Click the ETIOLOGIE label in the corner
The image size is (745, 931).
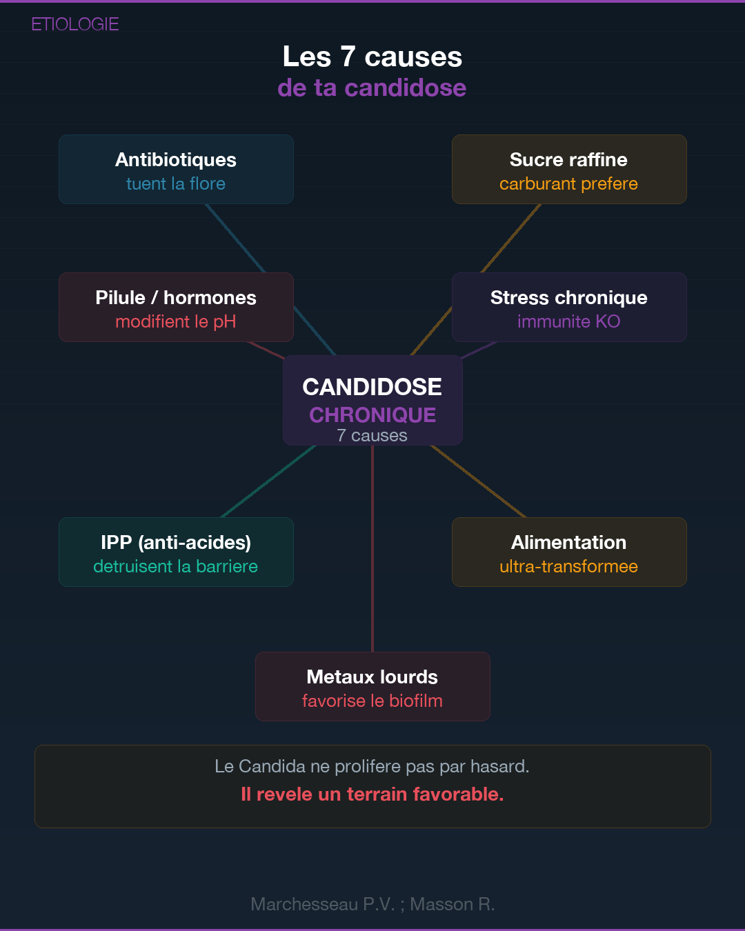pos(75,24)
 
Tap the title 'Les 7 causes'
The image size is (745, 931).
pos(372,57)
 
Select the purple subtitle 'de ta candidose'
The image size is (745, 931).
pos(372,88)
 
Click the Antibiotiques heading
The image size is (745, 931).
pos(176,160)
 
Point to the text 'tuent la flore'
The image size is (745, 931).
pos(176,184)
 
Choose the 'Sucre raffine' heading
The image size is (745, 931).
pos(568,160)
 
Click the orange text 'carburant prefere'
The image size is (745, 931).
pos(568,184)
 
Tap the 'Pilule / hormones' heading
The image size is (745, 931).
pos(176,298)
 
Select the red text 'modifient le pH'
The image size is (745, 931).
pos(176,322)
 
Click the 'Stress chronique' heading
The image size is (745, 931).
pos(568,298)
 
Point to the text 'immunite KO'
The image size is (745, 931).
pos(568,322)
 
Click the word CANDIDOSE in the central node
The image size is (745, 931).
pos(372,388)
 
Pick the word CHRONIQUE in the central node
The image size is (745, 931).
pos(372,415)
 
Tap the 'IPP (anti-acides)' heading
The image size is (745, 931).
pos(176,543)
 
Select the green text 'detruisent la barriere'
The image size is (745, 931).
pos(176,567)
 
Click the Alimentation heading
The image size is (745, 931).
pos(568,543)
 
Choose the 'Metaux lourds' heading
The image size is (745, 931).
pos(372,677)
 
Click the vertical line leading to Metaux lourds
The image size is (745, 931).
pos(372,552)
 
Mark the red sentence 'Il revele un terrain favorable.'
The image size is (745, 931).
pos(372,794)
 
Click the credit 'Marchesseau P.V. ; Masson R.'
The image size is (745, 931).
pos(372,904)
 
